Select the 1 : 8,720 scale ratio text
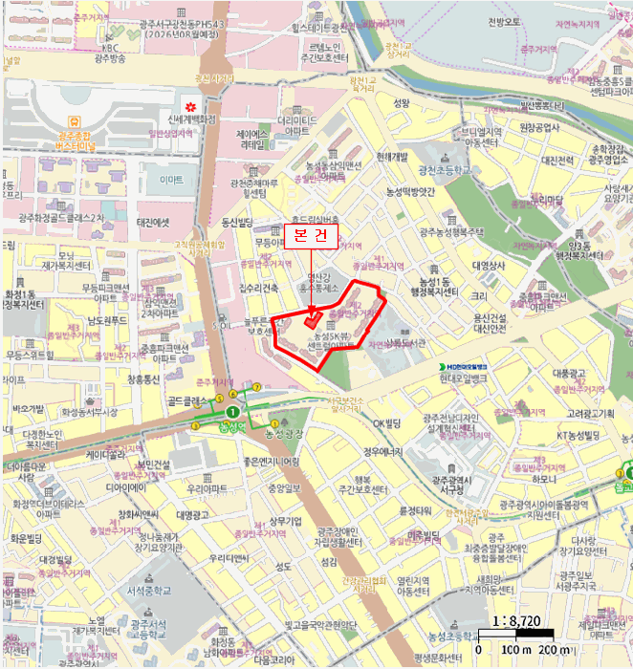(x=516, y=620)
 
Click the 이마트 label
(x=172, y=180)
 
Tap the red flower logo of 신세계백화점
(x=191, y=104)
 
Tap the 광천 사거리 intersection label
(x=213, y=78)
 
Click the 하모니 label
(x=545, y=478)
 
